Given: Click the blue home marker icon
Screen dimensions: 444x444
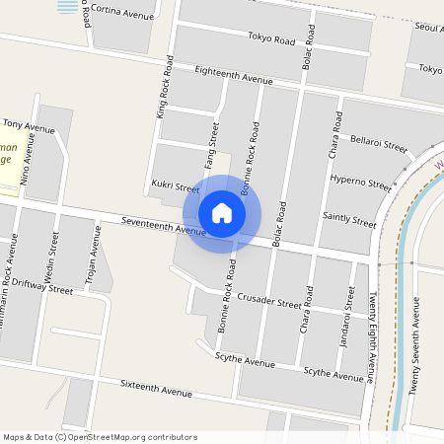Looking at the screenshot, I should click(222, 213).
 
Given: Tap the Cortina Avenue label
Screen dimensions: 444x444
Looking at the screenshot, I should click(123, 13).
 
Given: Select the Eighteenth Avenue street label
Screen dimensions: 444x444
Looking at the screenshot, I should click(234, 76).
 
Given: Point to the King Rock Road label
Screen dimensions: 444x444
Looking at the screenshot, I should click(166, 86).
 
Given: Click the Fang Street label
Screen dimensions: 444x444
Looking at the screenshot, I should click(210, 144).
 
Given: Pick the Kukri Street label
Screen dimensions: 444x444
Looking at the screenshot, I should click(176, 185).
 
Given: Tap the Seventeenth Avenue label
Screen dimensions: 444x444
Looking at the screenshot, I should click(163, 226).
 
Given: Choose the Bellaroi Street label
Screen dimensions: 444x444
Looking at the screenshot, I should click(379, 145).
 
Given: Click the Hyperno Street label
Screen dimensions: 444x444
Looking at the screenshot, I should click(361, 183).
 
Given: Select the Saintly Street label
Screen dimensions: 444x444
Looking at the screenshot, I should click(349, 221).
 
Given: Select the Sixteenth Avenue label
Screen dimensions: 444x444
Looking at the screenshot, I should click(156, 387).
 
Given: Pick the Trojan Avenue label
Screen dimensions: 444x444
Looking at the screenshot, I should click(92, 259).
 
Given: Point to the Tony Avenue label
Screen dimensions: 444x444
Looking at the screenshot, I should click(29, 127).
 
